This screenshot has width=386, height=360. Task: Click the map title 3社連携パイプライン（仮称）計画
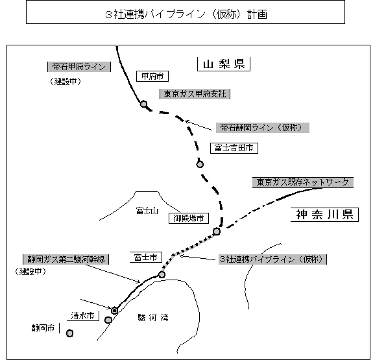186,14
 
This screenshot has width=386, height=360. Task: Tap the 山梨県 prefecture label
224,64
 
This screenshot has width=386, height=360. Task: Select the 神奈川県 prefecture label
324,215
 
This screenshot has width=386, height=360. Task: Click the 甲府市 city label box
152,77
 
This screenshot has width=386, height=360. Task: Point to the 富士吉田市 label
234,148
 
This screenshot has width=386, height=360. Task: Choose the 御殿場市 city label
189,218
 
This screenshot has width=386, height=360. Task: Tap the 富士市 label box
146,258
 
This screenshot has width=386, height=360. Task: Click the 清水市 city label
83,316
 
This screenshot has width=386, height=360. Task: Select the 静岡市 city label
43,328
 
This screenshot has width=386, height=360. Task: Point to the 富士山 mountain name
147,211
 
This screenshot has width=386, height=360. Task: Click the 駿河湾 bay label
153,318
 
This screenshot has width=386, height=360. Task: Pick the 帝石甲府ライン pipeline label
79,67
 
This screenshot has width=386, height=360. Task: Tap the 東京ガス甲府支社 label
195,94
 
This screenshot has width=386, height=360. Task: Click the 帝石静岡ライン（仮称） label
263,128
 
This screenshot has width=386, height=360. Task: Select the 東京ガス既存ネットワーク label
303,182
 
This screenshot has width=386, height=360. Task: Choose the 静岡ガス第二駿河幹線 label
66,259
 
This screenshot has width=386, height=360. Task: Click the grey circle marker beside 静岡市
69,333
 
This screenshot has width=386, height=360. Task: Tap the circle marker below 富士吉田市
200,164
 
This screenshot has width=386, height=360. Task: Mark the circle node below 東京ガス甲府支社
144,104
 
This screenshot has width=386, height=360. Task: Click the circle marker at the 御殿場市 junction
217,232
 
